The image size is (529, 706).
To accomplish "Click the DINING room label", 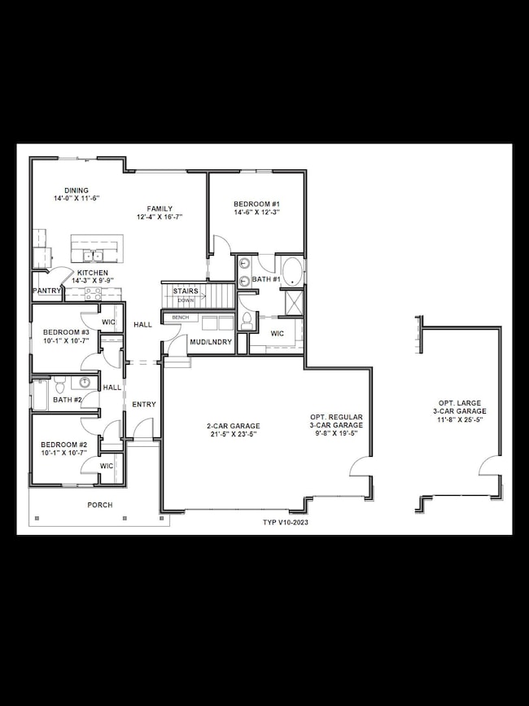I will (77, 191).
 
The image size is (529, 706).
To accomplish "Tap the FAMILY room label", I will (160, 208).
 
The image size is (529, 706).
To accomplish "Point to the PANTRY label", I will (47, 290).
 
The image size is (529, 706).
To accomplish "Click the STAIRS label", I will (186, 291).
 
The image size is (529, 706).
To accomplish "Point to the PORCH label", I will (100, 505).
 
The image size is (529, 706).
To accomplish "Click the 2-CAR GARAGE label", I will (234, 425).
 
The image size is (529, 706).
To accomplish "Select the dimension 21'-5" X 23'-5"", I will (234, 434).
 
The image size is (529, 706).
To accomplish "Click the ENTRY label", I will (144, 404).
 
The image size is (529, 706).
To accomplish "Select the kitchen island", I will (96, 246).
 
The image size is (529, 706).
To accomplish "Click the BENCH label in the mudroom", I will (180, 317).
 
